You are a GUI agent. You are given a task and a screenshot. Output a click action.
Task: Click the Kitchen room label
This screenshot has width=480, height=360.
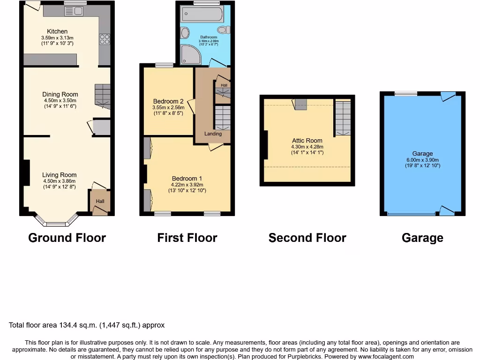(x=57, y=31)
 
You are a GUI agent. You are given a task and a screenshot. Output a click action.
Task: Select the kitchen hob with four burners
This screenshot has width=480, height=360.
(x=104, y=40)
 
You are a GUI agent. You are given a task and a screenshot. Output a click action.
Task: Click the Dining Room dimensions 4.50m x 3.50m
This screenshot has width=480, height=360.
(x=60, y=100)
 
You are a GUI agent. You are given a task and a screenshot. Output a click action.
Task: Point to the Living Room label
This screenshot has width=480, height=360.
(x=59, y=175)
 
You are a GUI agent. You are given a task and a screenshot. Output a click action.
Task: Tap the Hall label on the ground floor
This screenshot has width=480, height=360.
(x=100, y=202)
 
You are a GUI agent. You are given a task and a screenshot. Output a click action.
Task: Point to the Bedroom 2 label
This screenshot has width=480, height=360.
(x=168, y=101)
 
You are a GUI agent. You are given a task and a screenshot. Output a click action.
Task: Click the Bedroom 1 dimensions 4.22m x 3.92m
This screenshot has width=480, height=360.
(x=187, y=184)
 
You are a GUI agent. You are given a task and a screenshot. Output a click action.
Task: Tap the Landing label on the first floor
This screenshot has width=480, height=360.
(x=213, y=134)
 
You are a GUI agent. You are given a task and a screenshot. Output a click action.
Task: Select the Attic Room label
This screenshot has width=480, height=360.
(x=307, y=141)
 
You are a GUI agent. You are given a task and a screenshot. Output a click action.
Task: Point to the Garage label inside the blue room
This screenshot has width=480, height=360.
(x=422, y=154)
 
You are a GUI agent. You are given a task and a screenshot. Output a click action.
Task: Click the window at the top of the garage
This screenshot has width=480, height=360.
(x=406, y=93)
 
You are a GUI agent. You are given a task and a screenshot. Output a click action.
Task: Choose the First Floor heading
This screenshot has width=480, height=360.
(x=187, y=238)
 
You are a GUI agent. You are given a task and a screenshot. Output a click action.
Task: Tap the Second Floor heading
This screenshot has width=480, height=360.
(x=307, y=238)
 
